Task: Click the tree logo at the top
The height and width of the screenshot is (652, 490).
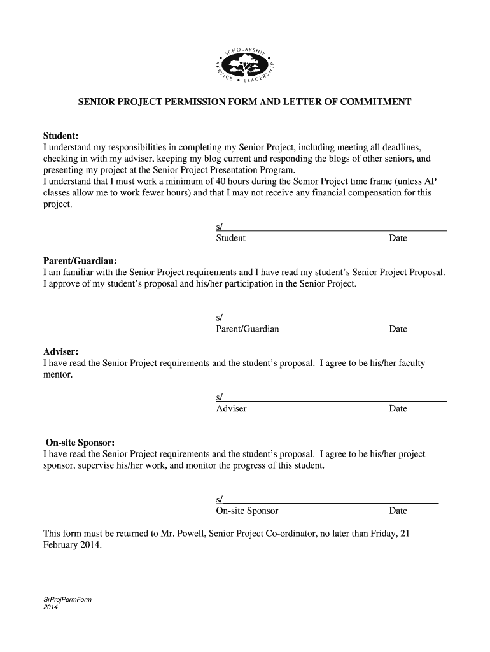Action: tap(244, 65)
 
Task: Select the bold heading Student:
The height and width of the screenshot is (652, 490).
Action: tap(60, 136)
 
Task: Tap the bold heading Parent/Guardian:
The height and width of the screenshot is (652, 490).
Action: tap(80, 261)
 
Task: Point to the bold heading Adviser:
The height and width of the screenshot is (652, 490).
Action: tap(60, 351)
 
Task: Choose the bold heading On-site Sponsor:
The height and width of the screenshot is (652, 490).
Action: tap(80, 443)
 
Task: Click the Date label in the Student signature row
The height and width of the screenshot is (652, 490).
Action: tap(398, 238)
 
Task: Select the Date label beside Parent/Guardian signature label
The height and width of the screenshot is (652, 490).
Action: tap(398, 329)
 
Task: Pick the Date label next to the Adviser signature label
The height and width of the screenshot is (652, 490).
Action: tap(398, 409)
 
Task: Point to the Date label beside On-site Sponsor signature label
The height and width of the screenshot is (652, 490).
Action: tap(398, 511)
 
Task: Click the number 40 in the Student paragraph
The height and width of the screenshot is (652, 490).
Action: tap(221, 181)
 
